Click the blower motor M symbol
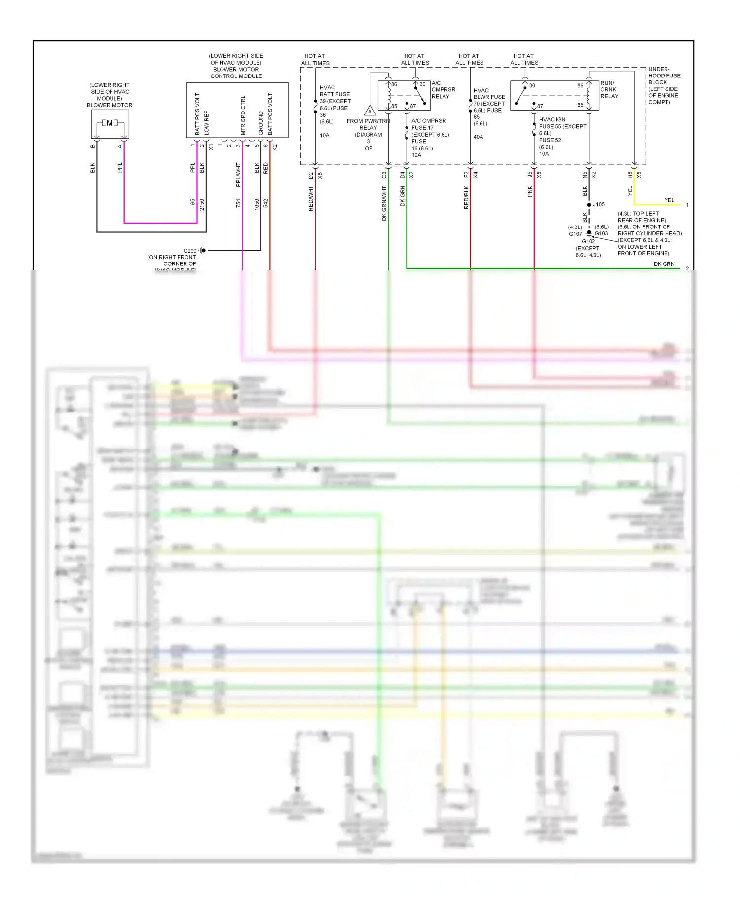110,123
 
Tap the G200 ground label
190,251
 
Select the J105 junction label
599,204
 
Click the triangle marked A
370,111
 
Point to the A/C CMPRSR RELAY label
443,90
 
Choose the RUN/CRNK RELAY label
609,90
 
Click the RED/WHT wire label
311,198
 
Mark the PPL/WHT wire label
238,175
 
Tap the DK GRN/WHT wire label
384,203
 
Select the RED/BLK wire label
466,197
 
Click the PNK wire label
530,191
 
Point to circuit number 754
238,203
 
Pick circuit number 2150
202,205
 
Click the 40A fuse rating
478,137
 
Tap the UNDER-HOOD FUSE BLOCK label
664,85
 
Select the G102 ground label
588,241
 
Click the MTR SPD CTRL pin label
243,115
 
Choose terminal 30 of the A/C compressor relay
422,84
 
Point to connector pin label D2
311,175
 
